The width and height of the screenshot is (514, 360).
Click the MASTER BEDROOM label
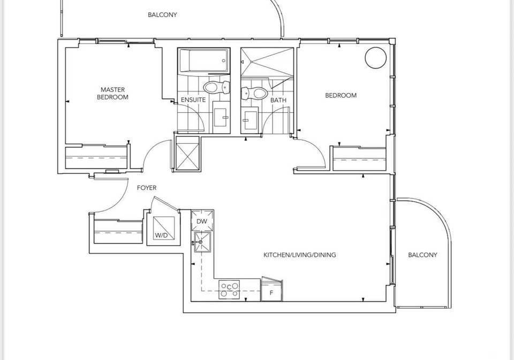coord(112,94)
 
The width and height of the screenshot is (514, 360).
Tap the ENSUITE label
coord(193,99)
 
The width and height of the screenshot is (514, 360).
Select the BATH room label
coord(278,100)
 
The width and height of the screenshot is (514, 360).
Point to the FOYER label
coord(147,188)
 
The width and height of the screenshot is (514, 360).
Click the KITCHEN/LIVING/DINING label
coord(300,255)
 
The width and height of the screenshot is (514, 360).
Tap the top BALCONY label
coord(162,15)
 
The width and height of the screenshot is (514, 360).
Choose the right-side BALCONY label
coord(422,255)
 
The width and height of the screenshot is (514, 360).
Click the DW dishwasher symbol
coord(202,221)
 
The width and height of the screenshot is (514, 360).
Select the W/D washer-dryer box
coord(164,228)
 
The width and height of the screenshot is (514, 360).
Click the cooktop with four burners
coord(229,289)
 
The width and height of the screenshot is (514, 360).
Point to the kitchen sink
coord(202,242)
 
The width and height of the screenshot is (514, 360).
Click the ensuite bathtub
coord(203,60)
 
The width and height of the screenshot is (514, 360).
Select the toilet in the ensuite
coord(216,87)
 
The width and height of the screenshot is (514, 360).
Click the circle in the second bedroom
coord(376,58)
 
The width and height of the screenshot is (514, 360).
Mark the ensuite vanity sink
coord(222,117)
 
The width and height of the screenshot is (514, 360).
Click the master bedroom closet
coord(96,158)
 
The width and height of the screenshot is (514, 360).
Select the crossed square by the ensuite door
coord(187,154)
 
